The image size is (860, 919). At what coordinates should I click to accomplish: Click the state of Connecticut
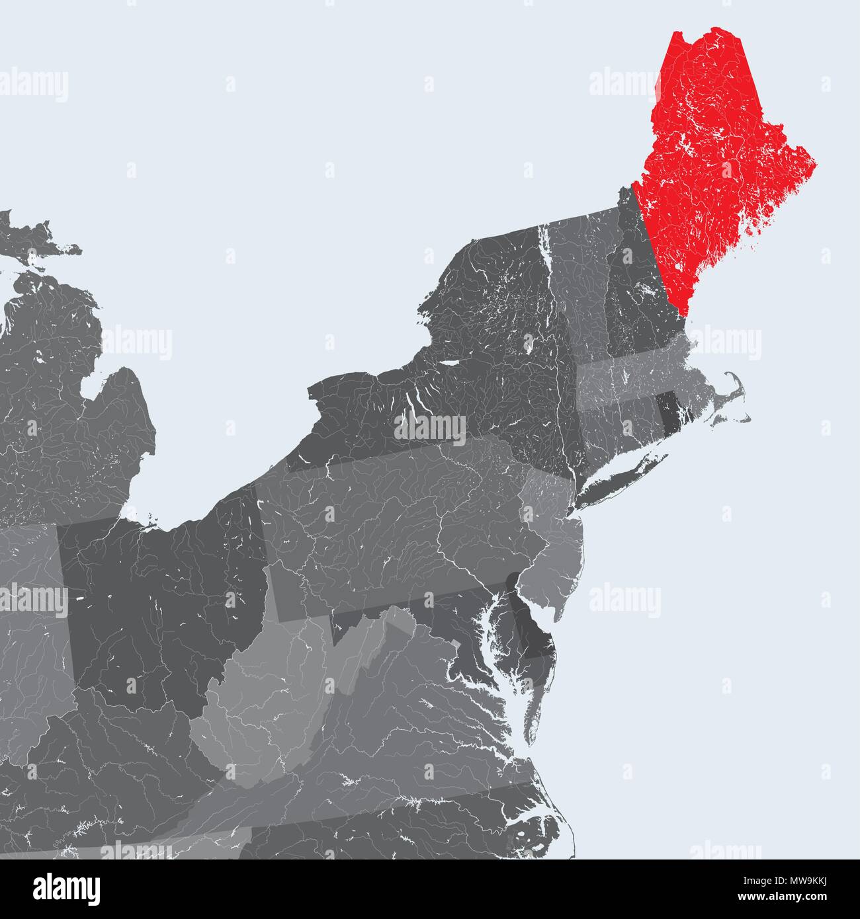tap(622, 417)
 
